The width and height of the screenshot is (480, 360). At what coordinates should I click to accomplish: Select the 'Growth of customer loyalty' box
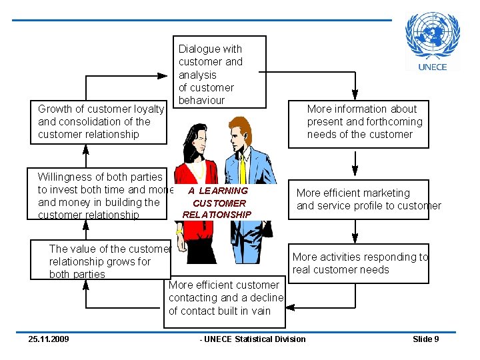[x=101, y=121]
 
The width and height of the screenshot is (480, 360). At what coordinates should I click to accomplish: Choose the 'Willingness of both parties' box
[x=100, y=195]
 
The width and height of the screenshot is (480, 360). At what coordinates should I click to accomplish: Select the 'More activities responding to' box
[x=359, y=263]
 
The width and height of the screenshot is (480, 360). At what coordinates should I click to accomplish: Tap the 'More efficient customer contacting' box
[x=225, y=298]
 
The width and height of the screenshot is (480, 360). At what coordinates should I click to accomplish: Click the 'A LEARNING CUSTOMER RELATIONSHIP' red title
[x=217, y=203]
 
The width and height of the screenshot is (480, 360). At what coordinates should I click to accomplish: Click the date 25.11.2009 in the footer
[x=48, y=339]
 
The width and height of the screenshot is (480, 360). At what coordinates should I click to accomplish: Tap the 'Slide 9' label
[x=425, y=339]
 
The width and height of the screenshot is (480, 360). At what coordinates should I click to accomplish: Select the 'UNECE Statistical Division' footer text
[x=253, y=339]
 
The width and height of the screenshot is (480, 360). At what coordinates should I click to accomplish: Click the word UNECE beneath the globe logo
[x=433, y=66]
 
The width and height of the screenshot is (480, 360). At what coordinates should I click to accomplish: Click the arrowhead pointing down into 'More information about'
[x=357, y=94]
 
